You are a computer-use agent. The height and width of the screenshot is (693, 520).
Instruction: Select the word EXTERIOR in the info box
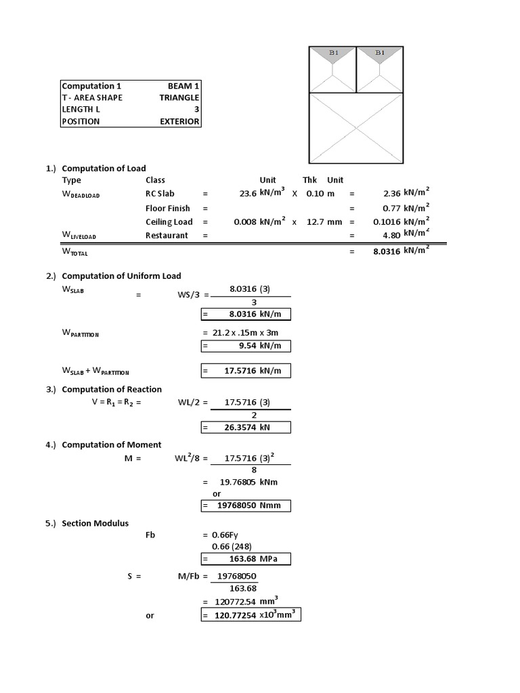point(179,122)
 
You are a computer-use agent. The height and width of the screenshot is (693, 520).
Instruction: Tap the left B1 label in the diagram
point(332,52)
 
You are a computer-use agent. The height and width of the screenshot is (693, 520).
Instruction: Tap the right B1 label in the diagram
point(380,52)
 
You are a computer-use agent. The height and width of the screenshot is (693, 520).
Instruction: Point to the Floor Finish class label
point(168,208)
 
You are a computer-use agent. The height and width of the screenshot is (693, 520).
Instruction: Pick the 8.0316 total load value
point(385,251)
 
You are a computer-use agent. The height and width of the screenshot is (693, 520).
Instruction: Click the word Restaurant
point(167,236)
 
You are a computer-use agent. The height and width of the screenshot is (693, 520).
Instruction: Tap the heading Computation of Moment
point(112,445)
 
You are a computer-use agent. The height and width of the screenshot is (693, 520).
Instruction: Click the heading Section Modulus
point(95,523)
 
